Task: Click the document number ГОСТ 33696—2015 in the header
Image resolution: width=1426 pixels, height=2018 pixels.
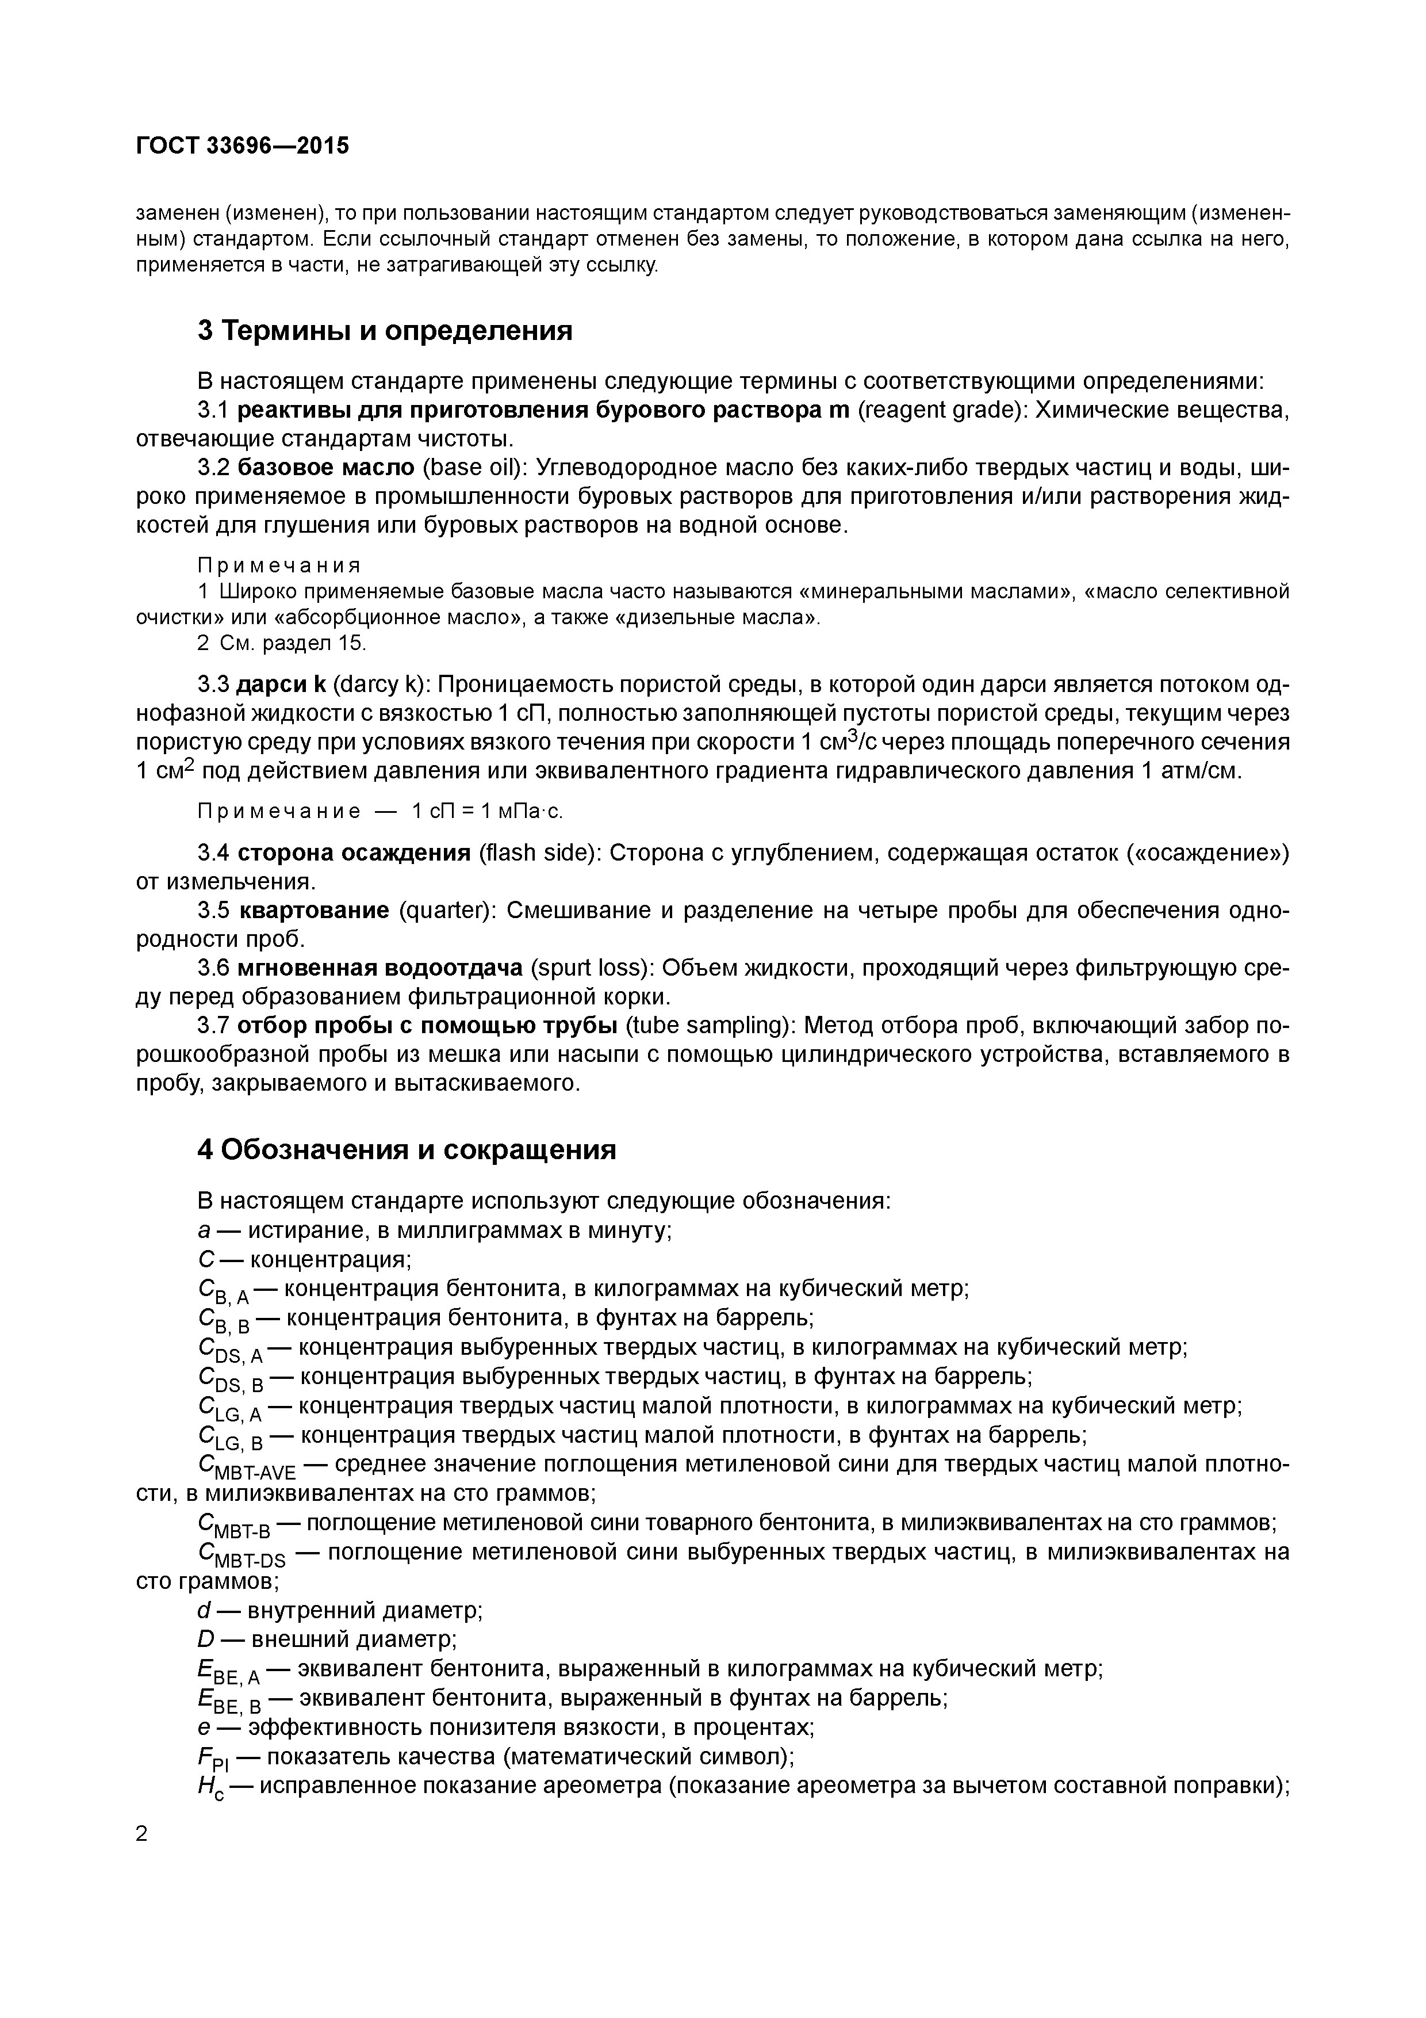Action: tap(243, 145)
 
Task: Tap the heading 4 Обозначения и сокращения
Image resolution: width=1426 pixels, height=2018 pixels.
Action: tap(406, 1149)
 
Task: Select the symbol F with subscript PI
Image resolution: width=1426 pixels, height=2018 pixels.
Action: tap(213, 1759)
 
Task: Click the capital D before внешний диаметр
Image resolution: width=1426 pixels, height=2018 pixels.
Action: tap(206, 1640)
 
